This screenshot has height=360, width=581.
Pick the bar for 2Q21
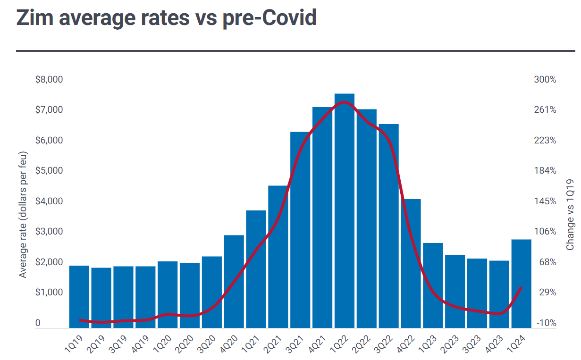tap(278, 257)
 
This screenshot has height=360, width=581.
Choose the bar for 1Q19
tap(79, 296)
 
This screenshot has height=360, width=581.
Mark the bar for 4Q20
tap(234, 281)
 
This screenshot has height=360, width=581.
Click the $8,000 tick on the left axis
tap(49, 79)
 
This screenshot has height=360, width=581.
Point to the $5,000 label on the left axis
tap(49, 170)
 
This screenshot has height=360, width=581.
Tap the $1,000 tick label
tap(49, 292)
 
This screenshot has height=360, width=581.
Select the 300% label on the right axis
tap(545, 79)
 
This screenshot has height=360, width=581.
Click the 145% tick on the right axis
tap(545, 201)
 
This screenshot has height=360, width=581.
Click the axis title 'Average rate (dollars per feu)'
tap(23, 215)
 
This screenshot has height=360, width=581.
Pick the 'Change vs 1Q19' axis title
tap(570, 215)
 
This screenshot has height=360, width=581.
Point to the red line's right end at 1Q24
tap(521, 287)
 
